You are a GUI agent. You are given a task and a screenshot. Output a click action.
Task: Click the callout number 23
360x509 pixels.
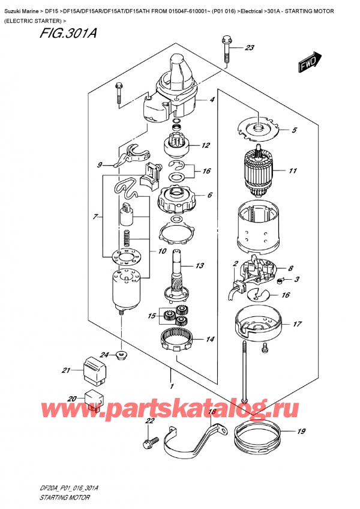coord(250,48)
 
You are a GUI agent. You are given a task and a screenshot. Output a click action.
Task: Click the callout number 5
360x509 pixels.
coord(294,130)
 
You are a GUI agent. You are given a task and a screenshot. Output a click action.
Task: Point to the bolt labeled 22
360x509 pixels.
coord(146,445)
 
